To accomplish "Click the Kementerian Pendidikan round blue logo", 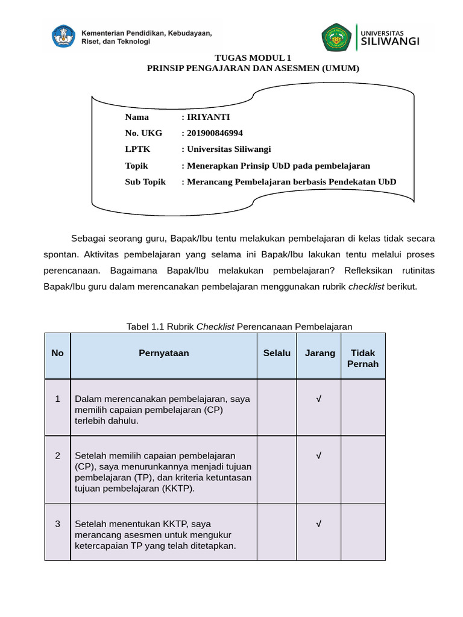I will (x=63, y=37).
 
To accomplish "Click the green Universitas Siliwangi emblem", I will (x=336, y=38).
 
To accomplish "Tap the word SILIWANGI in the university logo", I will (x=397, y=42).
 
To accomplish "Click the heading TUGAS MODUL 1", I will (x=253, y=58).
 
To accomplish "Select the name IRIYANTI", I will (x=208, y=117).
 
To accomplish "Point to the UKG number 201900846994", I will (x=215, y=133).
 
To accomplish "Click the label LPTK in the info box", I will (x=137, y=149).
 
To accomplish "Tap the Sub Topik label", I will (x=145, y=182).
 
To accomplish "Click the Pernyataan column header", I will (x=163, y=354).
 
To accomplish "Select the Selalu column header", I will (x=277, y=354).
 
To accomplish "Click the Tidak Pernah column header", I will (x=363, y=359).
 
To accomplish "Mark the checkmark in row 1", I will (x=318, y=399).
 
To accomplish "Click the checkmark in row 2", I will (x=318, y=456).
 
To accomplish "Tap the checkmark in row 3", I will (x=318, y=524).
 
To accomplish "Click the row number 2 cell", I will (x=58, y=456).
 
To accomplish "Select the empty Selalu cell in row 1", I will (x=277, y=407).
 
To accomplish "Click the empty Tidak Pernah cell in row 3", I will (x=363, y=532).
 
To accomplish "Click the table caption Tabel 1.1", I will (x=239, y=327).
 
